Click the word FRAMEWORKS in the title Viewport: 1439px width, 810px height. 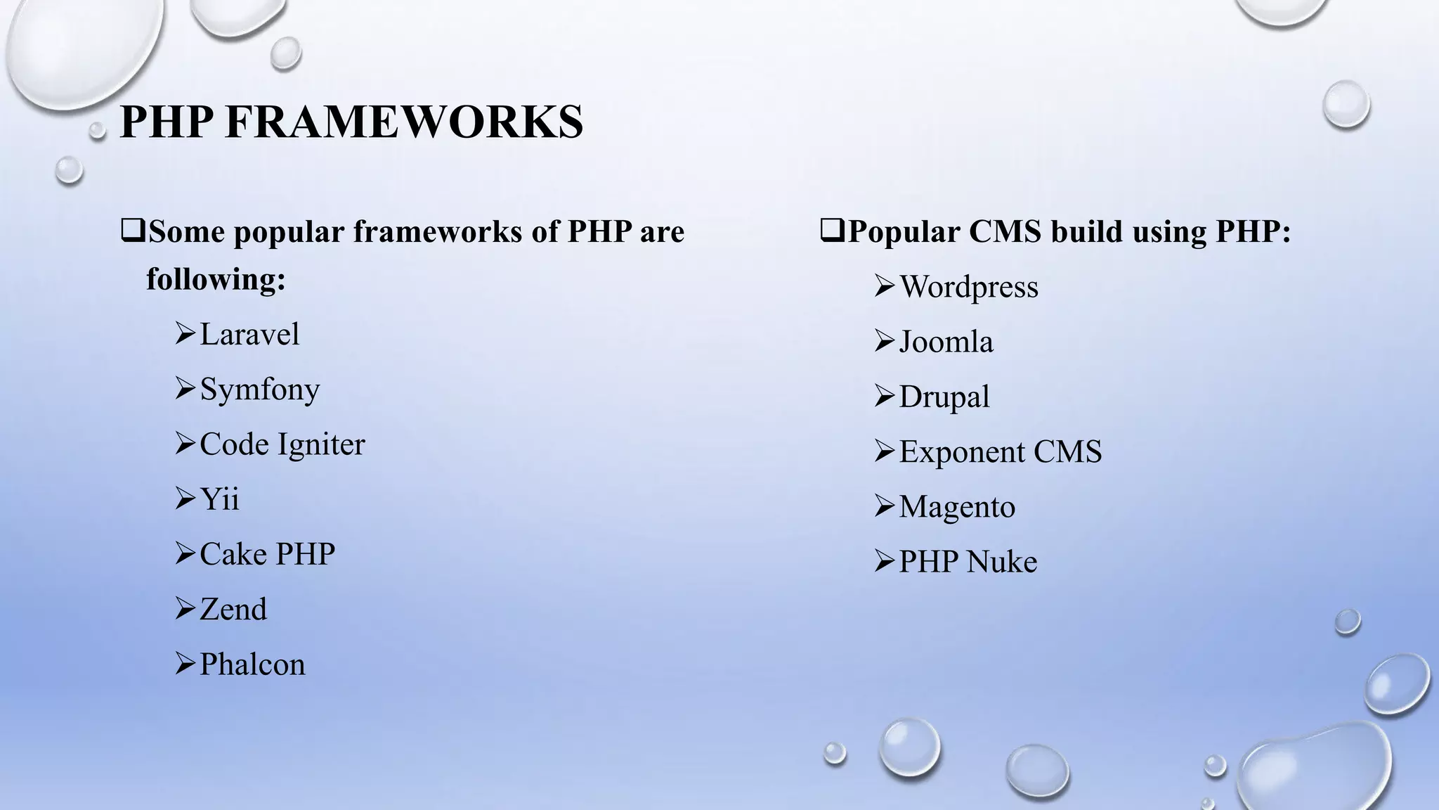pyautogui.click(x=404, y=122)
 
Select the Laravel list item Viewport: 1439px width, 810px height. pyautogui.click(x=249, y=334)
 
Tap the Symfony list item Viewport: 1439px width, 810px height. pyautogui.click(x=259, y=390)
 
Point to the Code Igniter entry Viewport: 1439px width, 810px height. pyautogui.click(x=282, y=444)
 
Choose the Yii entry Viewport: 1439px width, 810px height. pyautogui.click(x=219, y=499)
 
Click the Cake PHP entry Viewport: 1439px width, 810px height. pyautogui.click(x=267, y=554)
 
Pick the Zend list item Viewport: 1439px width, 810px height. pyautogui.click(x=233, y=609)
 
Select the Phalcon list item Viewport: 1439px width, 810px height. pyautogui.click(x=252, y=664)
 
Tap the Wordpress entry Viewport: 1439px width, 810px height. pyautogui.click(x=969, y=287)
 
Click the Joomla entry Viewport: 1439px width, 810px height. pyautogui.click(x=946, y=342)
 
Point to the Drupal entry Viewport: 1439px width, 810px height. pyautogui.click(x=944, y=397)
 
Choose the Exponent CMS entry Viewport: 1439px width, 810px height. pyautogui.click(x=1001, y=451)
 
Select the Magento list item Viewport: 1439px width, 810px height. pyautogui.click(x=957, y=507)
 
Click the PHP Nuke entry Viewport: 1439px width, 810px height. pyautogui.click(x=968, y=562)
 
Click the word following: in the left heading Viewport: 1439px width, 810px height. pyautogui.click(x=216, y=279)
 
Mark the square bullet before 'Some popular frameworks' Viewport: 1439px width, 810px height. pyautogui.click(x=132, y=231)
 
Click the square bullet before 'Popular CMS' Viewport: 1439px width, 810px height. pyautogui.click(x=832, y=231)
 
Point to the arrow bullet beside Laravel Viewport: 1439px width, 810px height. pyautogui.click(x=185, y=334)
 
